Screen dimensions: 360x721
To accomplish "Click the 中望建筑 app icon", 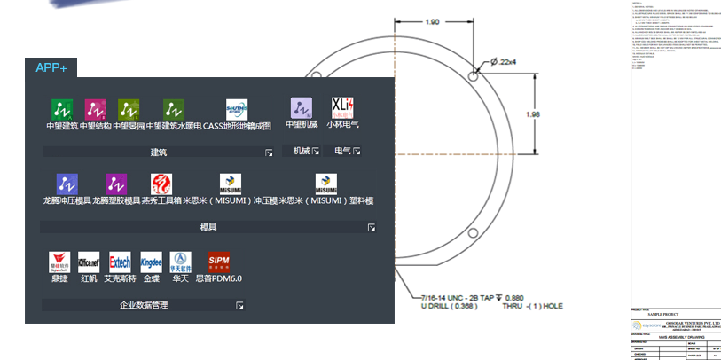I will [x=61, y=108].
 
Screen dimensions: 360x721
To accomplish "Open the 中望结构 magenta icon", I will [x=95, y=108].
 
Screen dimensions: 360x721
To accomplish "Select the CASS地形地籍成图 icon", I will [x=237, y=108].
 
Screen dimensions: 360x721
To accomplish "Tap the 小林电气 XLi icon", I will [x=342, y=107].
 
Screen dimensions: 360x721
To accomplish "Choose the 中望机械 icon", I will [x=302, y=107].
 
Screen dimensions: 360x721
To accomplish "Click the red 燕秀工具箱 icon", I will [x=161, y=184].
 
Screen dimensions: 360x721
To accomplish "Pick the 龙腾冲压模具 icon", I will [x=67, y=184].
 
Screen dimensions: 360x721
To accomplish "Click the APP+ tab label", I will [x=51, y=68].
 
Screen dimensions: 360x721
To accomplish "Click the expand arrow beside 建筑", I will [x=269, y=153].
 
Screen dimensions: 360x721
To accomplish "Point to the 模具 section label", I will [x=208, y=228].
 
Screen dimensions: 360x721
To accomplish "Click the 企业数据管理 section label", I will [x=144, y=305].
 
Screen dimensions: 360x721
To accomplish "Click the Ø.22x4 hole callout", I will [x=505, y=61].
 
